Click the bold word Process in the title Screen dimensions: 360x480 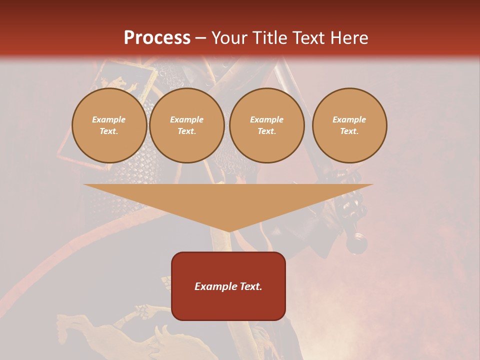click(x=157, y=38)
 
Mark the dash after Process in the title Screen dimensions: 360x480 click(x=200, y=38)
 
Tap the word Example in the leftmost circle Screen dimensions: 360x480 click(x=109, y=119)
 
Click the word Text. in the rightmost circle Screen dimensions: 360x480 click(x=349, y=131)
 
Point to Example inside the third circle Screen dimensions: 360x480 click(x=266, y=119)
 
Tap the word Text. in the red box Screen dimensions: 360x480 click(x=251, y=286)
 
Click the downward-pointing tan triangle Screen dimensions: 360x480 click(x=228, y=200)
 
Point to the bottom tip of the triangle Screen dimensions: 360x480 click(x=228, y=231)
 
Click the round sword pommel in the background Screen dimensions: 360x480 click(x=357, y=243)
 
